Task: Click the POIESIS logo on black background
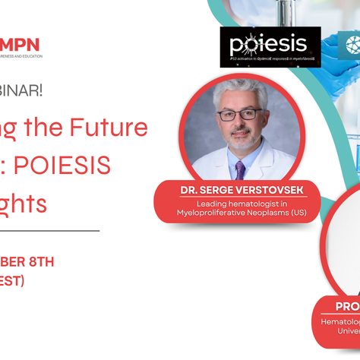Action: pyautogui.click(x=270, y=46)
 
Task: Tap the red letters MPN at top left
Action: pyautogui.click(x=21, y=45)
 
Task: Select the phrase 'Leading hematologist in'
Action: pyautogui.click(x=237, y=203)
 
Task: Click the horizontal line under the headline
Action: pyautogui.click(x=49, y=229)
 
